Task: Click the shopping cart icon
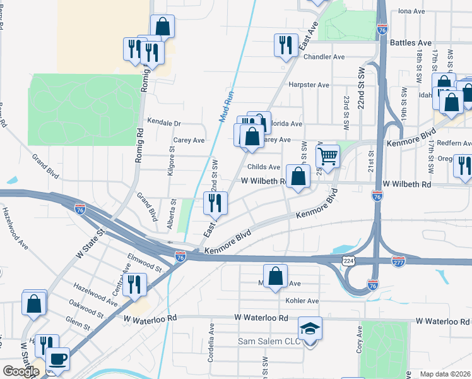(x=327, y=155)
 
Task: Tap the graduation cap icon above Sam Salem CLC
(x=309, y=328)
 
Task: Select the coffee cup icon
(x=58, y=358)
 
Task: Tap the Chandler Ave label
(x=324, y=57)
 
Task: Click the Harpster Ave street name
(x=309, y=85)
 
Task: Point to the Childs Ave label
(x=263, y=167)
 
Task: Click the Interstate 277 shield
(x=398, y=260)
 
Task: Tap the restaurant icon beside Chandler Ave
(x=285, y=45)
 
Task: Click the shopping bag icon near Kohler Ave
(x=275, y=276)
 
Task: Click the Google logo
(x=21, y=371)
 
